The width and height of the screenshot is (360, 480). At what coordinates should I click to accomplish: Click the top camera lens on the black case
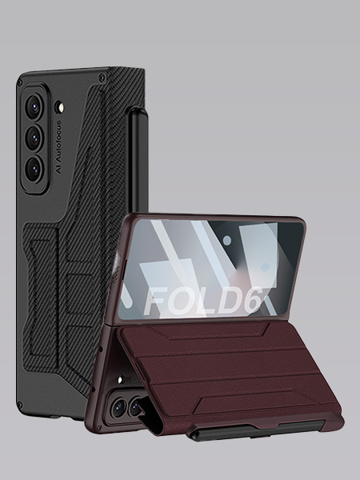click(x=34, y=107)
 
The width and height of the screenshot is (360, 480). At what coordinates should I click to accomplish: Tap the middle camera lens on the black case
click(x=34, y=138)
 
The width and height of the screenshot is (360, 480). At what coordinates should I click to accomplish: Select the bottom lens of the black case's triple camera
click(x=34, y=169)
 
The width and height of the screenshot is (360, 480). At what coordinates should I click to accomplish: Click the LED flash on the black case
click(x=59, y=107)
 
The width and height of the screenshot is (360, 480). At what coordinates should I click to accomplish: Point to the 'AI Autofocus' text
click(x=58, y=147)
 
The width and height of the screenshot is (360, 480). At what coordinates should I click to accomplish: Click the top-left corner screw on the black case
click(x=20, y=82)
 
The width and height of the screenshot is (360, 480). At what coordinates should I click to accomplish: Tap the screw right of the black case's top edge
click(x=102, y=77)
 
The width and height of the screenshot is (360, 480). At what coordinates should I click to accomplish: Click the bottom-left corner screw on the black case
click(x=19, y=406)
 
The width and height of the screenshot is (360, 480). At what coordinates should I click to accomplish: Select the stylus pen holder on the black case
click(x=138, y=159)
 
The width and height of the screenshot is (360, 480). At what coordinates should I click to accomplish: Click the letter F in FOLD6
click(x=156, y=302)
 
